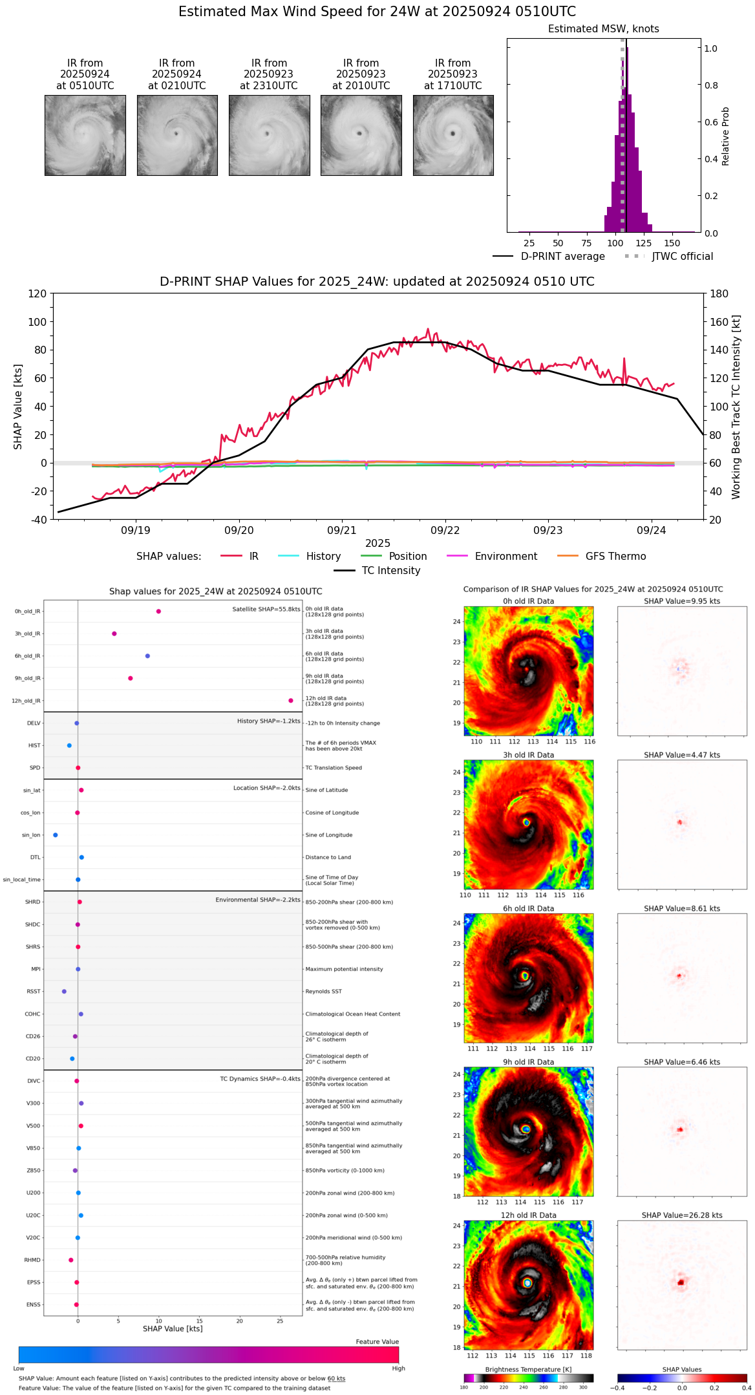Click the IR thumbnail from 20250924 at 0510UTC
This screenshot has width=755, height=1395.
[x=85, y=135]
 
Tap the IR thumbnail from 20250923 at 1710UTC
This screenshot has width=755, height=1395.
[x=452, y=135]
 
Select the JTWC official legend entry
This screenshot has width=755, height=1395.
[x=682, y=257]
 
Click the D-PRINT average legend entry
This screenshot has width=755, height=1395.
[x=562, y=257]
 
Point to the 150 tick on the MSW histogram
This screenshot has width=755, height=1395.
[x=672, y=243]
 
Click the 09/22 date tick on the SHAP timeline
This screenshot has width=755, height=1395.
[x=445, y=530]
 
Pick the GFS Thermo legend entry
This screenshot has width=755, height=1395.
[x=615, y=557]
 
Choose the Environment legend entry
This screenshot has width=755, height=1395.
[x=505, y=557]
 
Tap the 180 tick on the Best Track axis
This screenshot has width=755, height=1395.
[x=719, y=293]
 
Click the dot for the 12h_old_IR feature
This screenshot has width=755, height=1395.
[x=291, y=701]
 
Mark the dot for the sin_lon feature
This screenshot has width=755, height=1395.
[x=56, y=835]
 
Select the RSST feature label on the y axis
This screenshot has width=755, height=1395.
[x=34, y=992]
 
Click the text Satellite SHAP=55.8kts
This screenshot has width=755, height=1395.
[x=266, y=610]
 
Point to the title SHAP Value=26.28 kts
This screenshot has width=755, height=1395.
[x=682, y=1215]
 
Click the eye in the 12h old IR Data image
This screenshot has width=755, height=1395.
[x=527, y=1283]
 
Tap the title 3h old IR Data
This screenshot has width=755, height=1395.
[x=528, y=755]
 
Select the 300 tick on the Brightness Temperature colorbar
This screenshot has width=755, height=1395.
[x=583, y=1387]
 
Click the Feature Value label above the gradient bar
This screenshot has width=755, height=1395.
[x=377, y=1342]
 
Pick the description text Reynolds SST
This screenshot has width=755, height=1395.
[x=323, y=992]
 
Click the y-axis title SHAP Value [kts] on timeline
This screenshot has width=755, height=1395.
[x=18, y=407]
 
